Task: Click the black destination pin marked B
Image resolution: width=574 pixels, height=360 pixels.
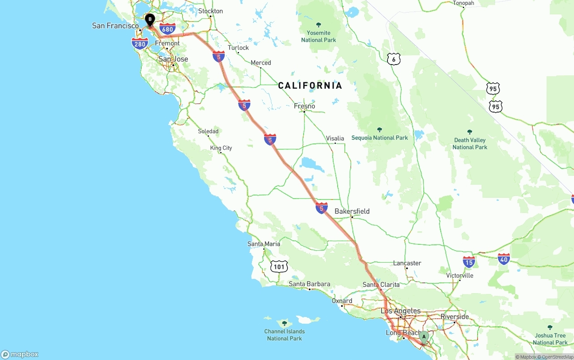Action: point(150,19)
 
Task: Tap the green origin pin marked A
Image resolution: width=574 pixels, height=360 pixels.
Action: point(424,336)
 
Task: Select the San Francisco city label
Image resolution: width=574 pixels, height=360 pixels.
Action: point(115,26)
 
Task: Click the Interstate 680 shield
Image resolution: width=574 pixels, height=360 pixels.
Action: point(167,30)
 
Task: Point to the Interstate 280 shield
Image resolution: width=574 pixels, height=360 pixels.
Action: point(140,43)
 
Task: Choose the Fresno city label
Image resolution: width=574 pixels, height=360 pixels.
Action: point(304,106)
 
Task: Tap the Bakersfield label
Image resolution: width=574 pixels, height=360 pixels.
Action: point(352,211)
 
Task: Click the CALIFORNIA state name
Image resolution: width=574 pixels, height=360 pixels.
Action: point(310,86)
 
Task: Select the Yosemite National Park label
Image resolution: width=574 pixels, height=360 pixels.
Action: point(318,36)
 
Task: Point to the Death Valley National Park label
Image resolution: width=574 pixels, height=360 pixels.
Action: point(470,143)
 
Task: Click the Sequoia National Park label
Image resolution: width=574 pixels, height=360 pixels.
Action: point(379,138)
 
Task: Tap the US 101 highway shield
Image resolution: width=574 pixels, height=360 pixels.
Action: point(279,267)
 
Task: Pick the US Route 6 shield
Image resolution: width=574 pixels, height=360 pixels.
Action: point(393,59)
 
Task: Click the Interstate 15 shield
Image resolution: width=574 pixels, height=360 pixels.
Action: point(469,262)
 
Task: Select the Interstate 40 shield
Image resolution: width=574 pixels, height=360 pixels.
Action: point(504,259)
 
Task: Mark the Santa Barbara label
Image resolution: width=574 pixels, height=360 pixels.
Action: point(309,284)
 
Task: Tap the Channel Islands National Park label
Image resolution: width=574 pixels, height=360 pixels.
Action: point(284,334)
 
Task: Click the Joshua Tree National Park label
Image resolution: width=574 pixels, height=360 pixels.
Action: point(550,338)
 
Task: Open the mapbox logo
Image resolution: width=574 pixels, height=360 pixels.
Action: point(20,354)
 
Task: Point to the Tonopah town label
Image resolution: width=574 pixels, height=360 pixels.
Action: point(463,3)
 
